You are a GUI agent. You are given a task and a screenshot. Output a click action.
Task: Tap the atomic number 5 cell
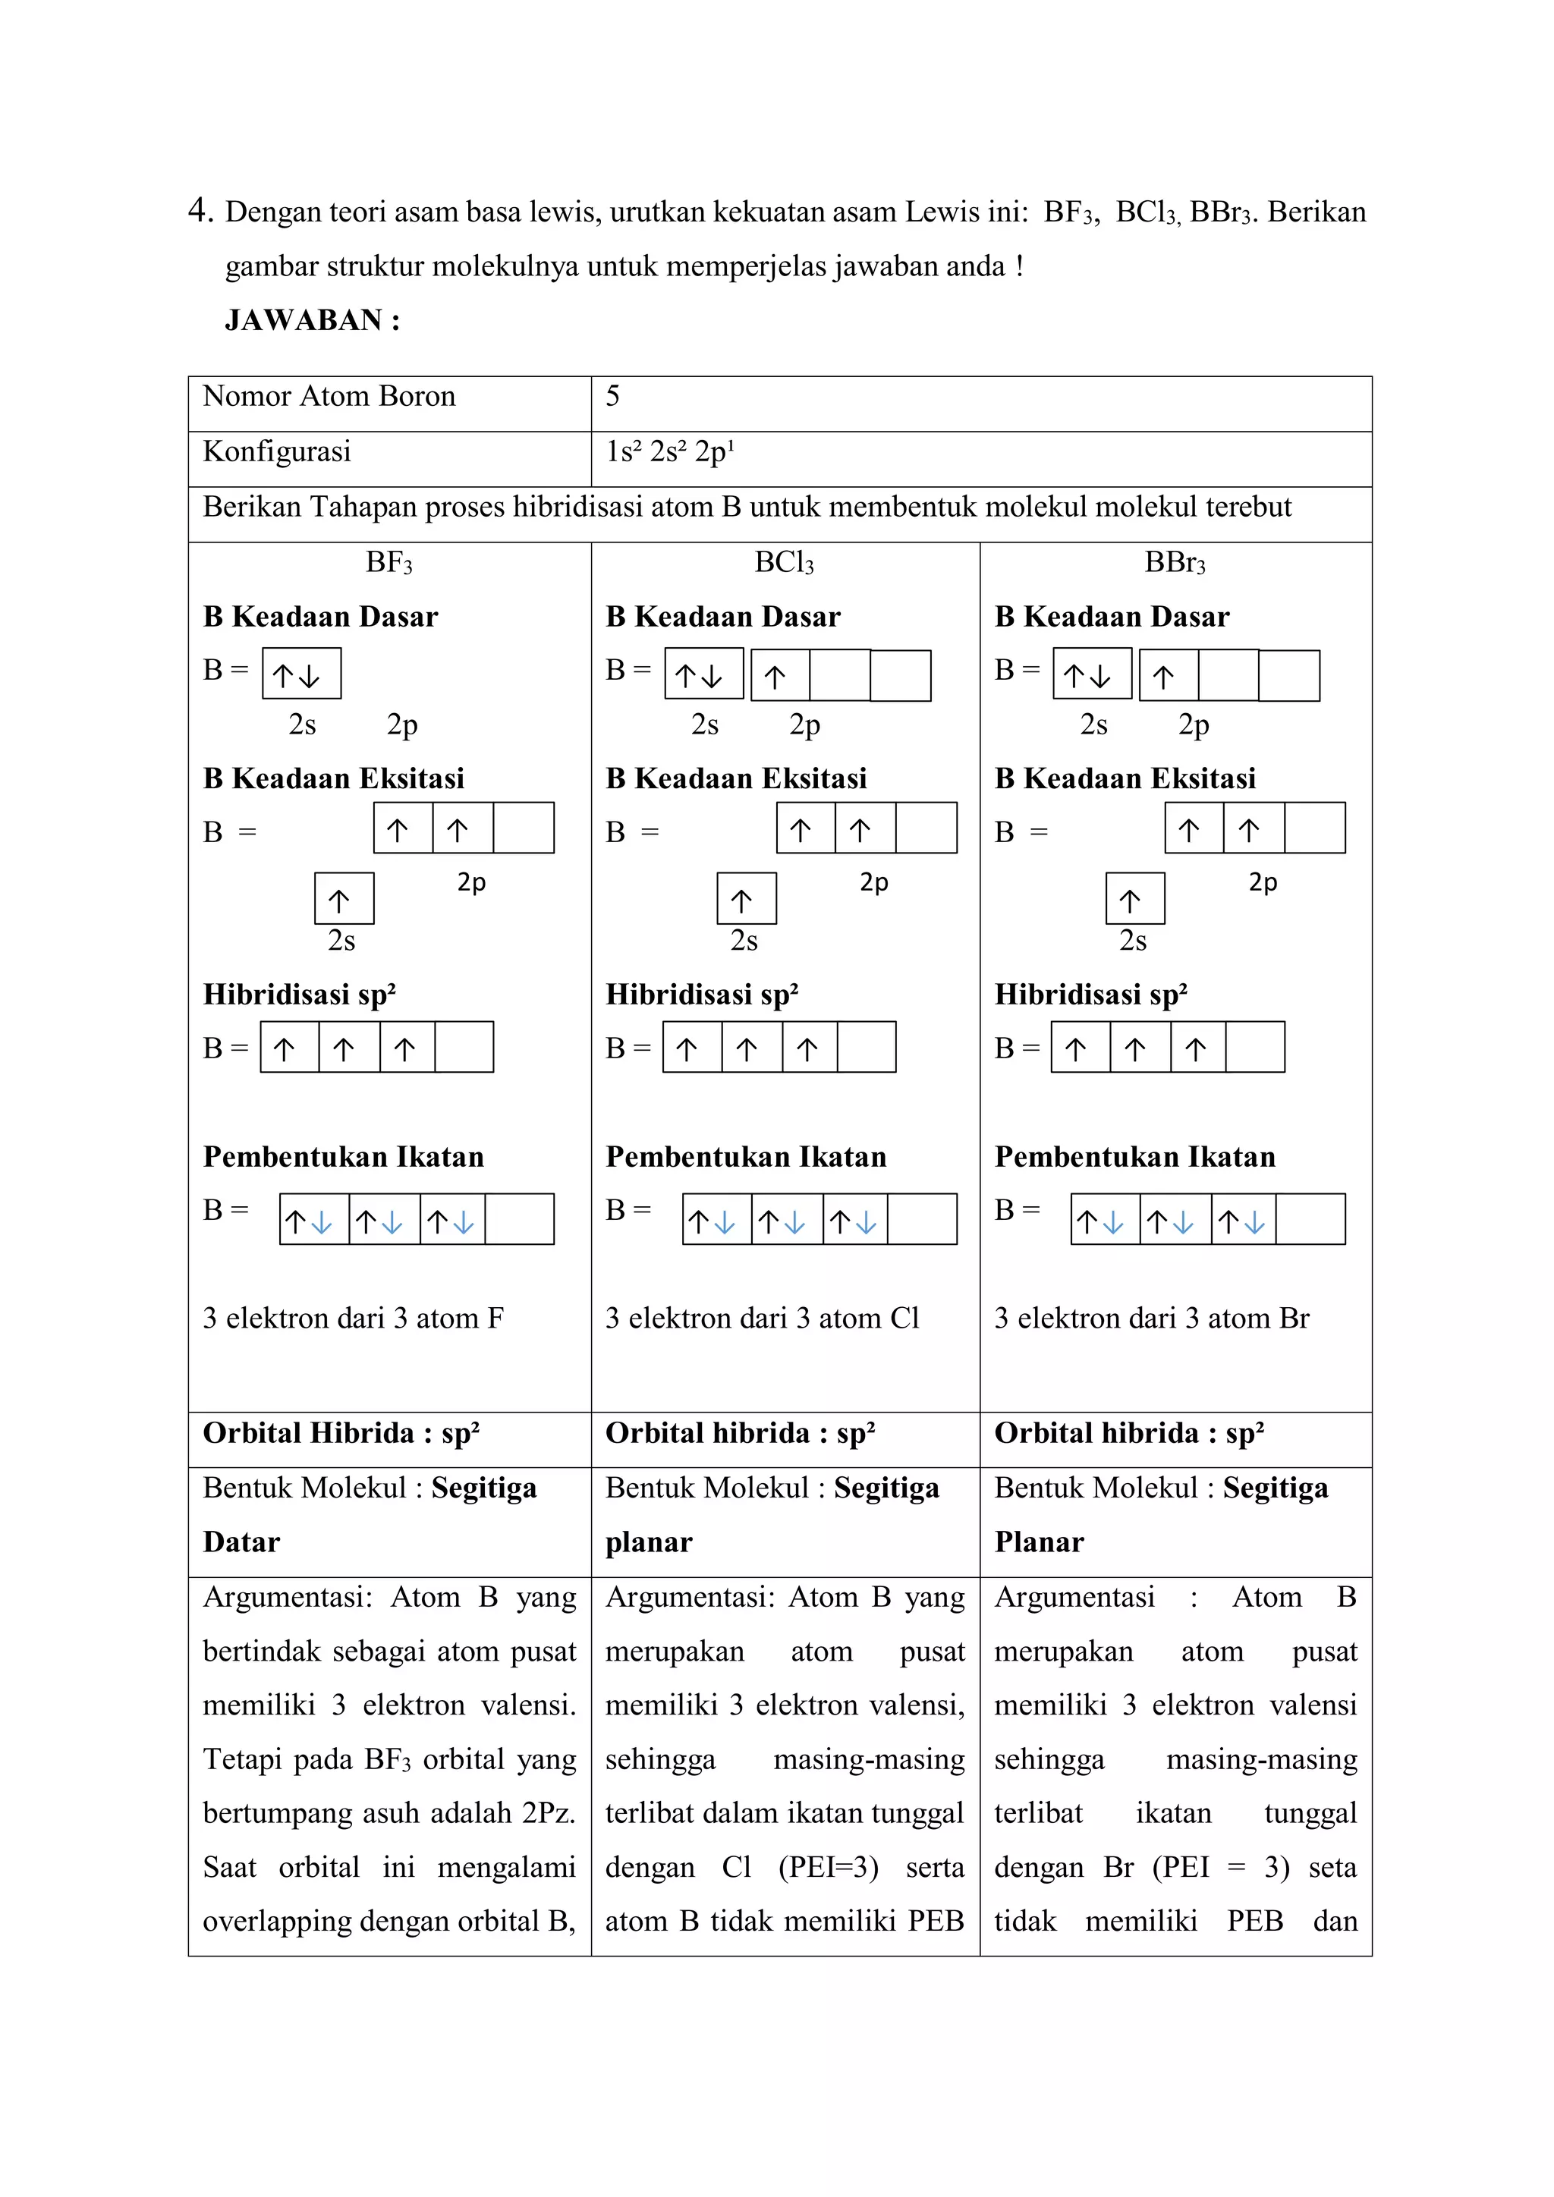click(x=612, y=396)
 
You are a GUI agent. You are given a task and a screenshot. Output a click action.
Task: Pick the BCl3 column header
click(x=784, y=563)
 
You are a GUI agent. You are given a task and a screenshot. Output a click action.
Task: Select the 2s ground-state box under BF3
click(x=300, y=674)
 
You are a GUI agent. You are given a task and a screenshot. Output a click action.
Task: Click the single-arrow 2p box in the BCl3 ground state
click(x=779, y=675)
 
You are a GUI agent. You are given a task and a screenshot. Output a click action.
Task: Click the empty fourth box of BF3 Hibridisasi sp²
click(x=464, y=1047)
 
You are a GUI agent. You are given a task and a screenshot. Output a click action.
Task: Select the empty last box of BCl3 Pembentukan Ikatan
click(x=921, y=1219)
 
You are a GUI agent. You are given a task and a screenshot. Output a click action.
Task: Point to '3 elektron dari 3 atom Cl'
click(x=762, y=1319)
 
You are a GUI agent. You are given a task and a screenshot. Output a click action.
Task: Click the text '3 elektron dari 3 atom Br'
click(x=1151, y=1319)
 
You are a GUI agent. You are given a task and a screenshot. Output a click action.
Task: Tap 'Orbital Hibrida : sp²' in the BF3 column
click(x=341, y=1433)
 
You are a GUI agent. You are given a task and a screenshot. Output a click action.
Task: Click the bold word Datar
click(x=241, y=1542)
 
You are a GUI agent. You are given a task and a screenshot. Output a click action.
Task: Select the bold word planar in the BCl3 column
click(x=648, y=1542)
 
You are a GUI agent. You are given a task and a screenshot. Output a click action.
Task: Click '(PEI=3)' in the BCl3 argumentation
click(x=828, y=1868)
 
